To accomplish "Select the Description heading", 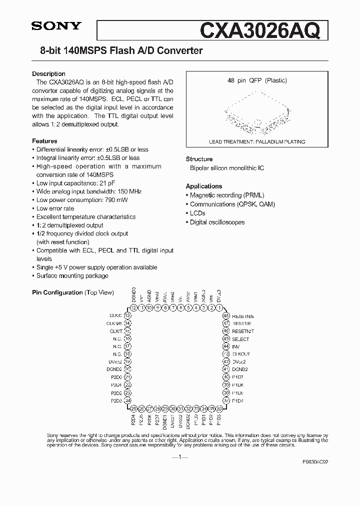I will click(48, 74).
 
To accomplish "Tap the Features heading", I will click(44, 141).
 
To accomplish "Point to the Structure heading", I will click(199, 159).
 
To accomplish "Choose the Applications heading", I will click(203, 186).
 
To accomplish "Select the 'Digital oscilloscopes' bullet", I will click(217, 222).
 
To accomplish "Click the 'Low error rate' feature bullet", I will click(55, 208).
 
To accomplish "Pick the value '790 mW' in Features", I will click(117, 200).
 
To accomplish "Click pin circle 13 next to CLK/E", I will click(127, 315).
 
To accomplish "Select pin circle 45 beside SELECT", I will click(226, 339).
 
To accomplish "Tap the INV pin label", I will click(236, 346).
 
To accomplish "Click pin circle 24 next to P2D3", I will click(127, 400).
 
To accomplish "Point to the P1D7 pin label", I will click(238, 377).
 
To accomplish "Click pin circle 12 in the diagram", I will click(133, 307).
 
